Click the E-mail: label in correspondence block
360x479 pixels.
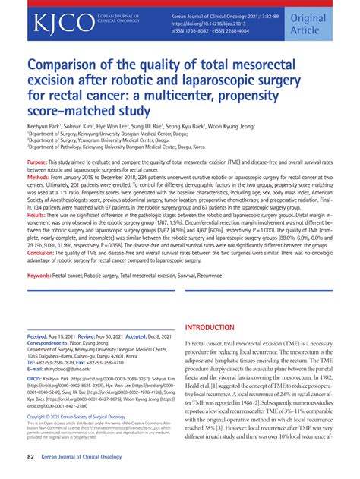37,371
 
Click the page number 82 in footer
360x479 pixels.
31,456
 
